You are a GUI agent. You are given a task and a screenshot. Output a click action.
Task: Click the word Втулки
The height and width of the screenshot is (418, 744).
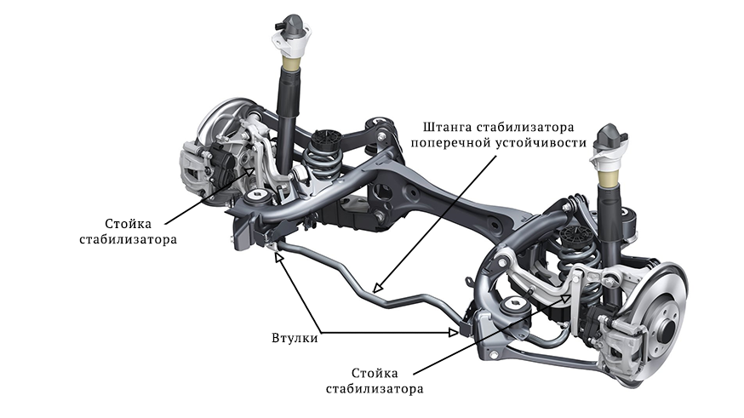pos(289,338)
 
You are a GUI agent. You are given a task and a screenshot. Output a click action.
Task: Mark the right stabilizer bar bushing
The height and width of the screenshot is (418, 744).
pos(464,327)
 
